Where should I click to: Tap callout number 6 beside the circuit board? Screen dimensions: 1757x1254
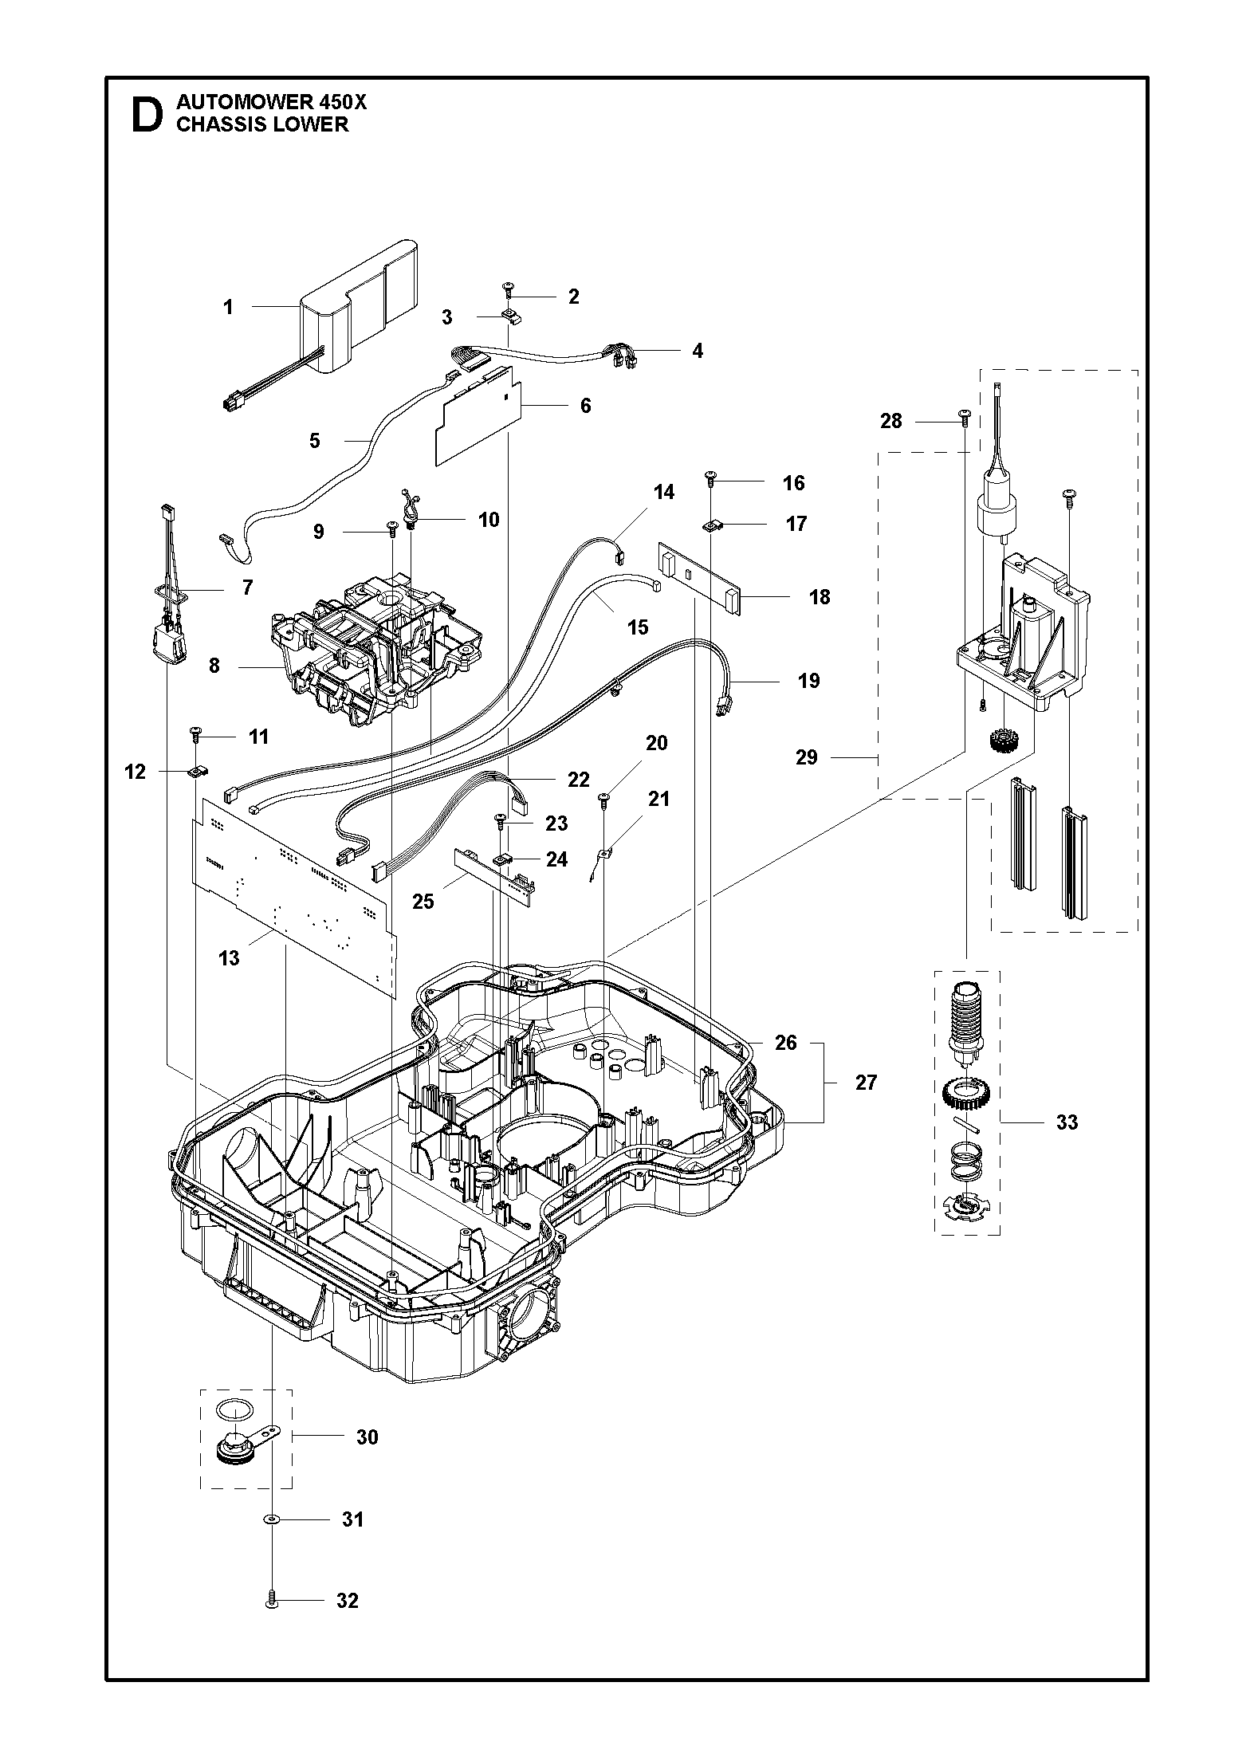pyautogui.click(x=586, y=406)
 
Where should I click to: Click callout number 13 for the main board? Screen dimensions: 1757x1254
pyautogui.click(x=229, y=958)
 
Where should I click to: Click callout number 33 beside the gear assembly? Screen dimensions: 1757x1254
pyautogui.click(x=1067, y=1122)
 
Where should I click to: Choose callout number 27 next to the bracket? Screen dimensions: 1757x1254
pyautogui.click(x=866, y=1082)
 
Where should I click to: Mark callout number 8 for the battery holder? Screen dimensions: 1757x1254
pyautogui.click(x=214, y=665)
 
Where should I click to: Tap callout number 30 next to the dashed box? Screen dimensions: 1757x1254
pyautogui.click(x=367, y=1437)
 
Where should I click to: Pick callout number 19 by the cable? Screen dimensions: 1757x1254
pyautogui.click(x=808, y=681)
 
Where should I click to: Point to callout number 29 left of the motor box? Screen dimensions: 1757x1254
pyautogui.click(x=807, y=757)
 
